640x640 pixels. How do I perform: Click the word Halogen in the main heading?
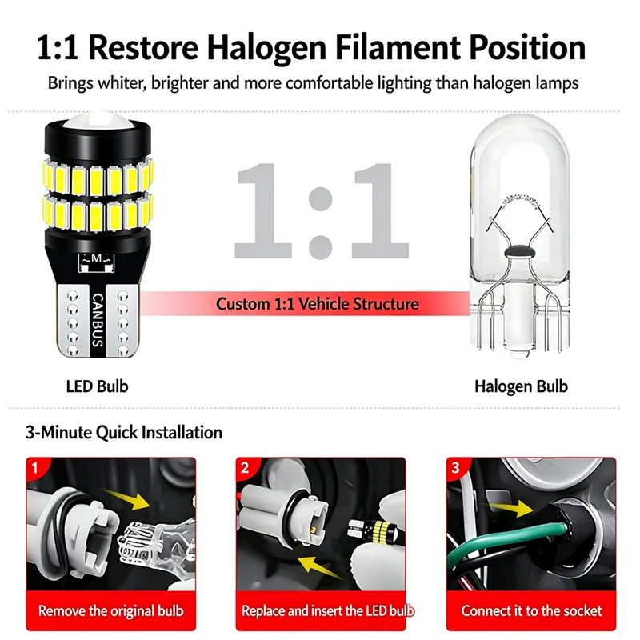266,48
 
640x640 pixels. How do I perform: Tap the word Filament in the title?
398,47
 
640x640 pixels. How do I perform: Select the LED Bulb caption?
97,386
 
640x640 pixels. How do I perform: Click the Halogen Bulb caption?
521,386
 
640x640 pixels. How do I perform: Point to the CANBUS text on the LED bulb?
98,320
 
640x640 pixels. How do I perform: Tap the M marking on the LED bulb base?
96,258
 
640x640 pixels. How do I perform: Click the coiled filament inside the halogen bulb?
519,200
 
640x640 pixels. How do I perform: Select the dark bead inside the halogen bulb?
519,251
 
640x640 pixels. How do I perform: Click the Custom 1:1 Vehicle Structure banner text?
317,304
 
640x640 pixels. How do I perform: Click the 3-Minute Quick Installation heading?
124,432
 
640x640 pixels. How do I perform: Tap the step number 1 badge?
34,467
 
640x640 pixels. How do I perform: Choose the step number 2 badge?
245,468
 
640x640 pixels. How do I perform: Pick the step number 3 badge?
455,468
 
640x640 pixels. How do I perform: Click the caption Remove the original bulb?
111,610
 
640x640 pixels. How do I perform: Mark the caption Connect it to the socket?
531,610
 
